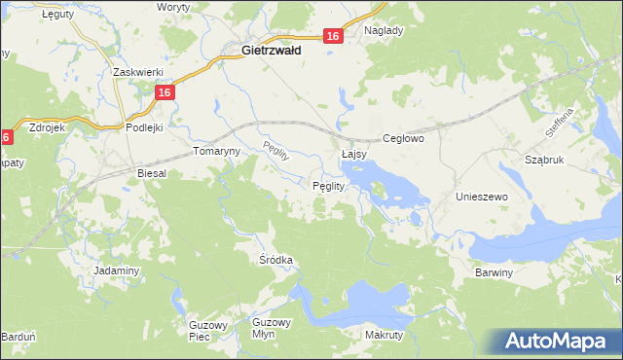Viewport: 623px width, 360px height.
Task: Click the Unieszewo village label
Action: point(483,197)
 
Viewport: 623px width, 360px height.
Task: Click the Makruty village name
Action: point(384,335)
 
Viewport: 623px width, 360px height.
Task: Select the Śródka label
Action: point(275,260)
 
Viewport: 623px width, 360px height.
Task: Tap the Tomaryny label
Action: point(215,153)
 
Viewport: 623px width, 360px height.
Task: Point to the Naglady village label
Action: point(384,30)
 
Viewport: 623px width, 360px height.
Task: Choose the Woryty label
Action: point(174,7)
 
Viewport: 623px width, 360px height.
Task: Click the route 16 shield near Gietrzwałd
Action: point(333,36)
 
